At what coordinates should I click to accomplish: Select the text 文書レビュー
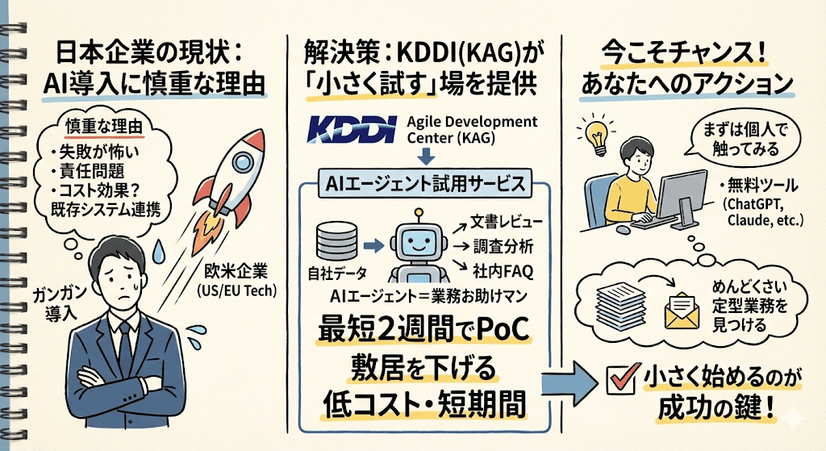[x=501, y=220]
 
